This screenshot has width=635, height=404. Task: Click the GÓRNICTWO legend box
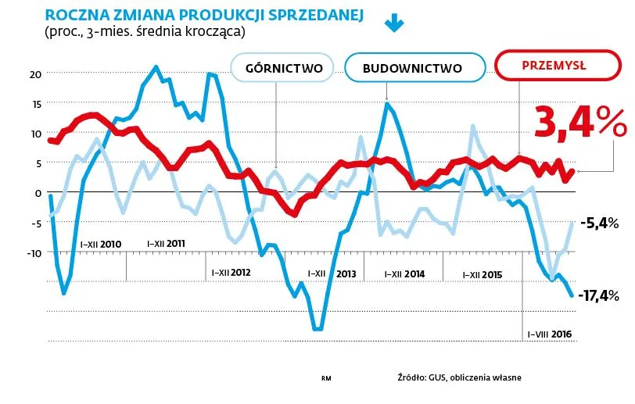(284, 67)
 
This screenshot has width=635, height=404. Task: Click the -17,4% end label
(599, 295)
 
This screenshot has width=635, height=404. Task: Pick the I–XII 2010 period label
(101, 244)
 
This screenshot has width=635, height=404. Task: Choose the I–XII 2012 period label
(230, 273)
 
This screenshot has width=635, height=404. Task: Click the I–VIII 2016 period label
(549, 334)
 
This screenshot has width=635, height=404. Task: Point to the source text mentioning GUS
(459, 377)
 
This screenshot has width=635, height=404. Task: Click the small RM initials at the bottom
(327, 378)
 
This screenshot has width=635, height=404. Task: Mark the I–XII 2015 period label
(482, 274)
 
